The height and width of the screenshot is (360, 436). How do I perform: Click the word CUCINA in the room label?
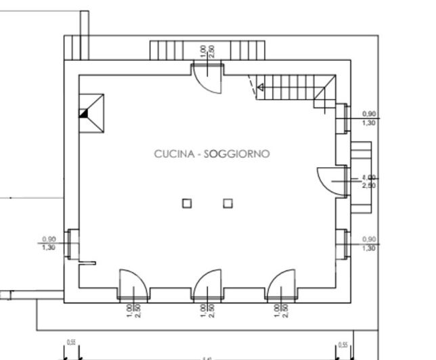click(x=174, y=154)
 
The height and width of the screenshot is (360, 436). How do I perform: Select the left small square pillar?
click(x=187, y=202)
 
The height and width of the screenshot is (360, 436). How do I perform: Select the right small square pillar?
click(x=227, y=202)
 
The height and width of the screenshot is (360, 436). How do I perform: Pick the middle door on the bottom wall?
click(x=206, y=284)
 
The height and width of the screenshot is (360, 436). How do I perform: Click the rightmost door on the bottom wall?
click(x=280, y=284)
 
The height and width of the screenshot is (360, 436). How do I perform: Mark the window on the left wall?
click(x=72, y=244)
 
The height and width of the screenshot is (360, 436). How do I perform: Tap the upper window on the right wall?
click(x=343, y=118)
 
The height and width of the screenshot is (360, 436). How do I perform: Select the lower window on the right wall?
click(x=343, y=244)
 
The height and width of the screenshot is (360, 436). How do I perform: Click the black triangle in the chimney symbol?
click(x=84, y=114)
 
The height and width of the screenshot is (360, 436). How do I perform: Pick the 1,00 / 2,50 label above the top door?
click(x=208, y=51)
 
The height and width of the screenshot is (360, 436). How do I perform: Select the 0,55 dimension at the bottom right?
click(x=343, y=344)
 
